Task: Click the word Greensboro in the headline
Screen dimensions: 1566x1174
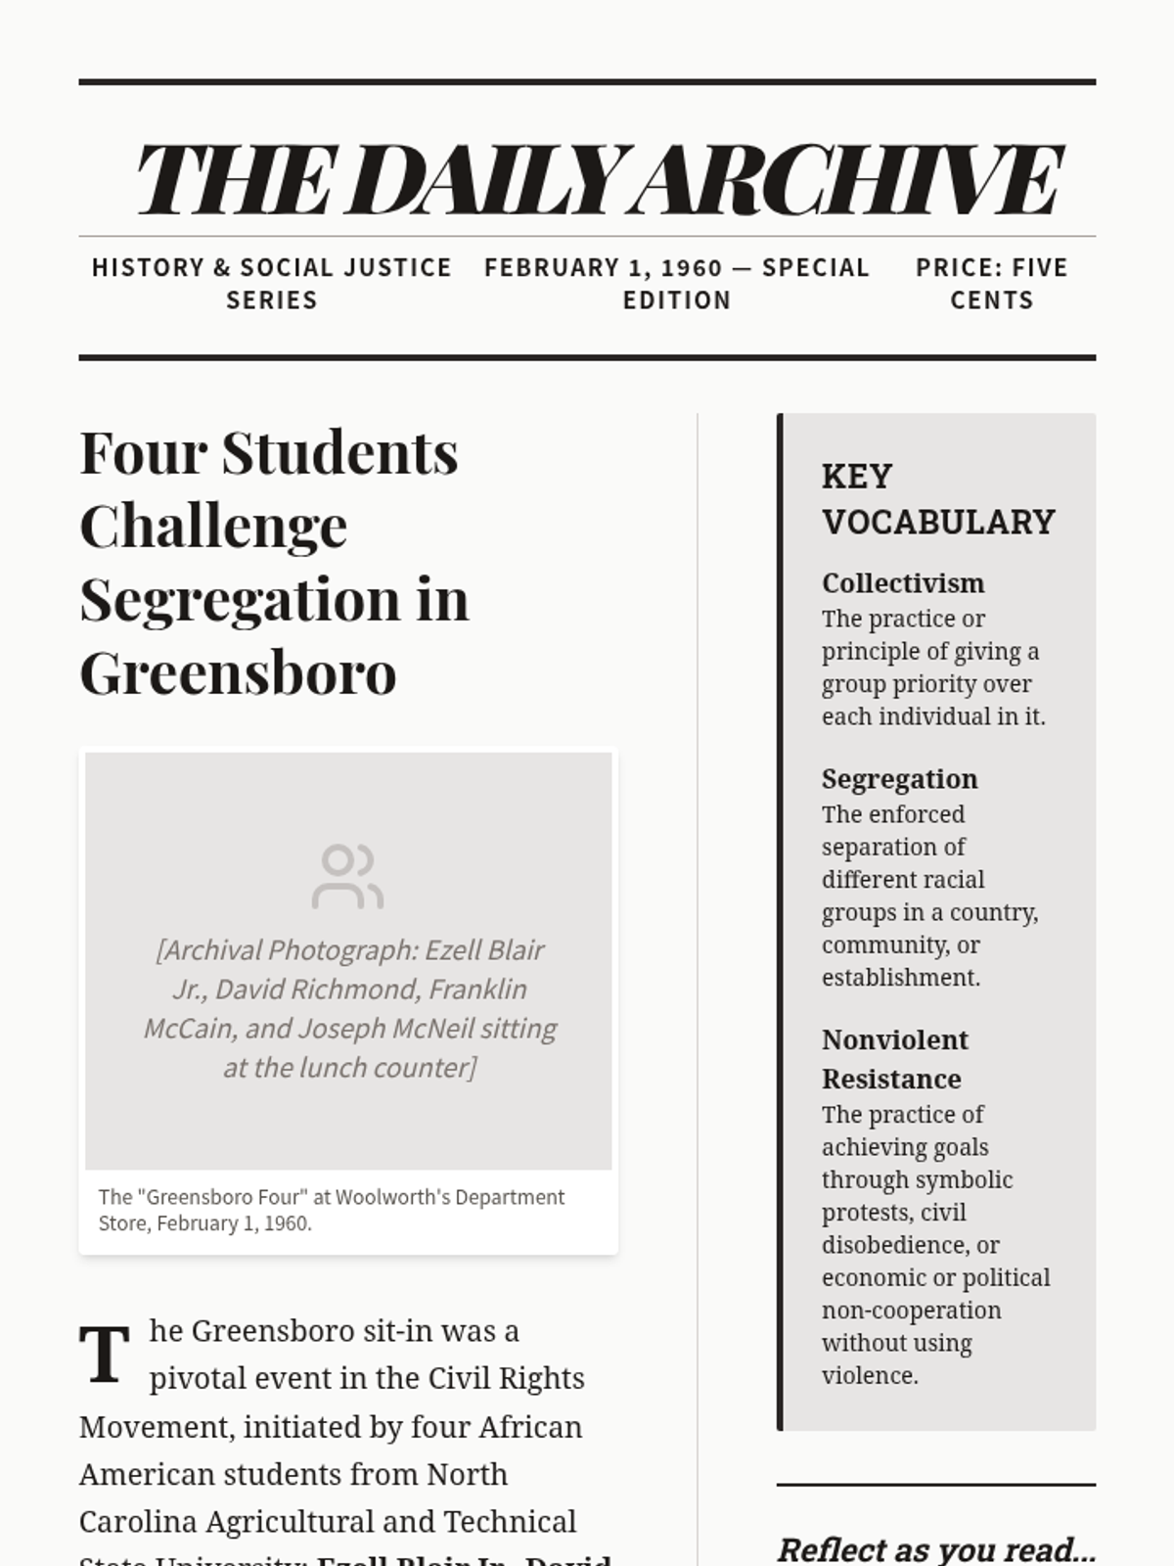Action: click(238, 672)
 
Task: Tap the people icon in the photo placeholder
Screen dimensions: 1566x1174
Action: click(347, 876)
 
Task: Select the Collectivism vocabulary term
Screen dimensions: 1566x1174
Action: click(902, 583)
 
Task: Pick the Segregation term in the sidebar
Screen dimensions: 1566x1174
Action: click(899, 779)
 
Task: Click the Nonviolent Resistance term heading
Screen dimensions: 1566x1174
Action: click(894, 1059)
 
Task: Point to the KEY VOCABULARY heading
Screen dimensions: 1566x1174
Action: click(937, 499)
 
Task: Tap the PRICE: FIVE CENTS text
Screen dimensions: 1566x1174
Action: click(991, 283)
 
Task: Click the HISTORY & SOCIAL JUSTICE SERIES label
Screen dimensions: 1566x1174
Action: click(271, 283)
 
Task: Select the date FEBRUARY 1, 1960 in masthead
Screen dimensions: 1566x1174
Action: click(603, 267)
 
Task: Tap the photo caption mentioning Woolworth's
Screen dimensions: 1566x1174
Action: click(332, 1210)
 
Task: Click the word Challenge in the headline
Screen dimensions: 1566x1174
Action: click(213, 527)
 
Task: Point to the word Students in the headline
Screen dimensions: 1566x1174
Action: click(339, 453)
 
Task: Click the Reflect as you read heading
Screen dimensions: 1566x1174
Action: click(935, 1549)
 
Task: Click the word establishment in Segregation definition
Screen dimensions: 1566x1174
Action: click(899, 977)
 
